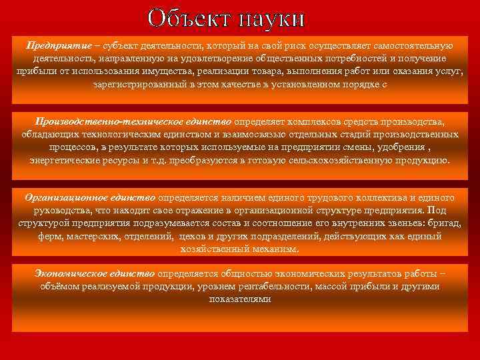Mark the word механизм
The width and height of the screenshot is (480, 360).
click(276, 249)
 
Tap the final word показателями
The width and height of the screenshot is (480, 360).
click(240, 299)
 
